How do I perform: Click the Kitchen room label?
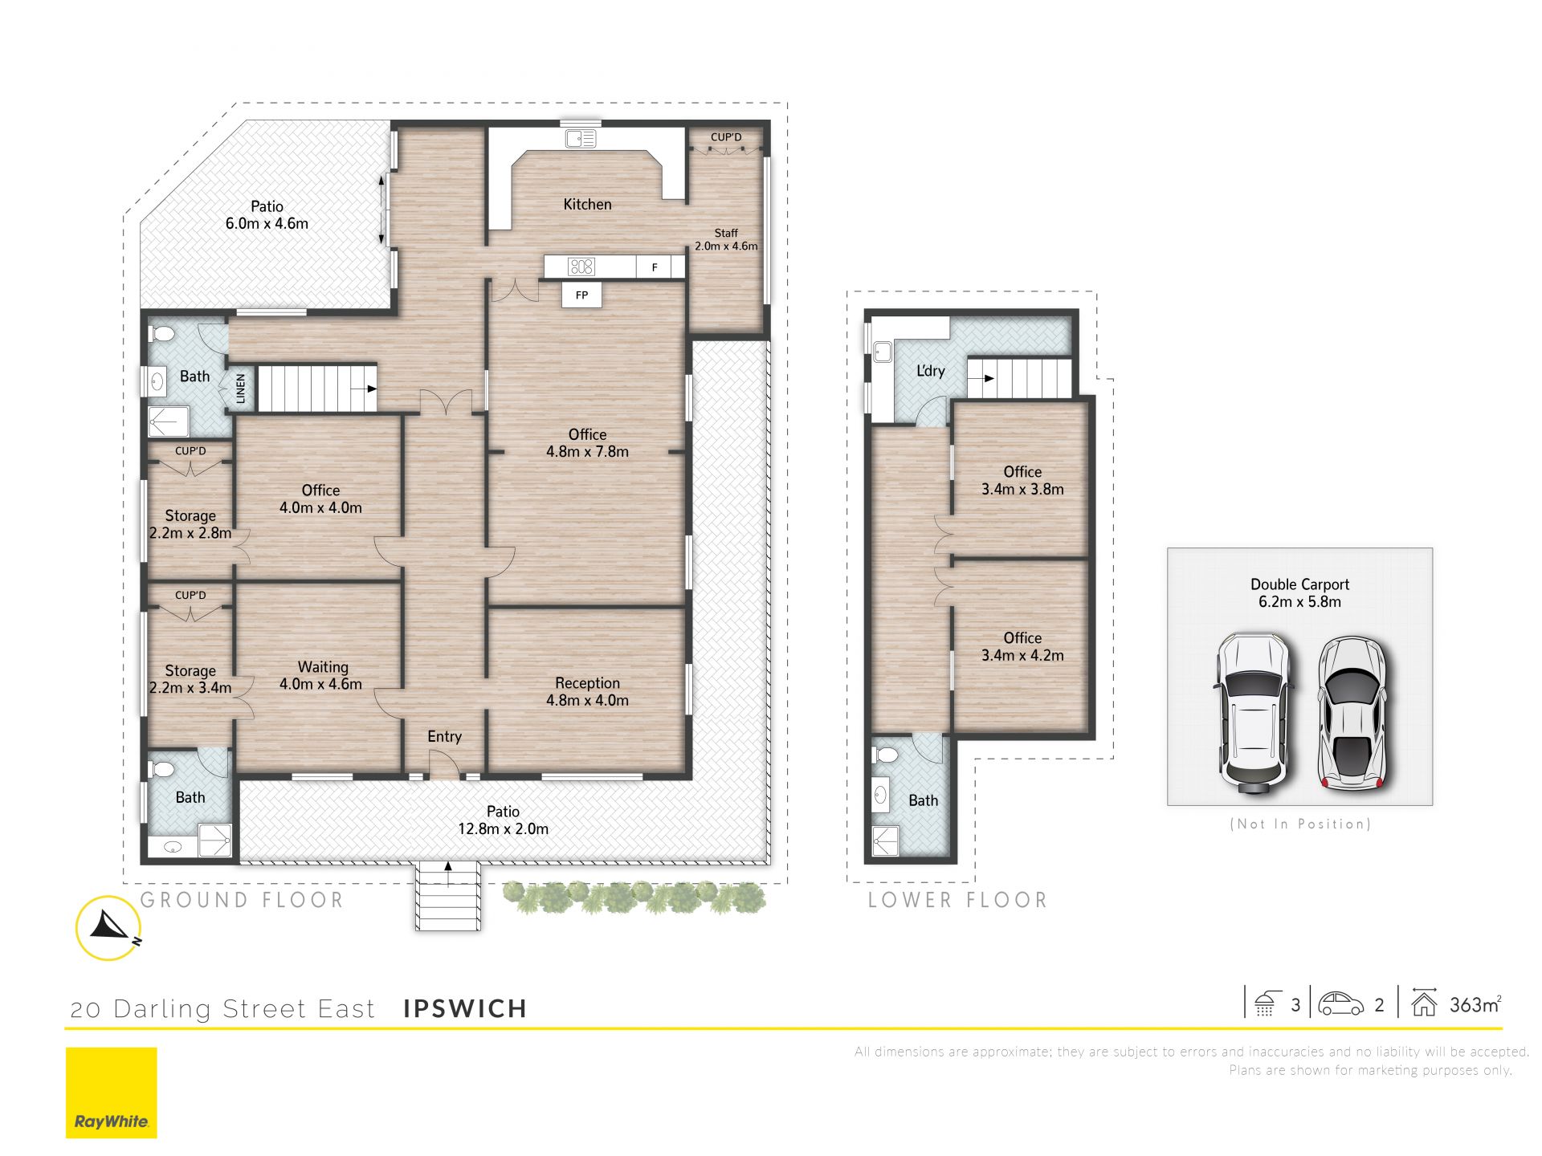[x=587, y=205]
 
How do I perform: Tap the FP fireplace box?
[x=581, y=295]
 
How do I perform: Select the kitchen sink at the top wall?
[x=581, y=138]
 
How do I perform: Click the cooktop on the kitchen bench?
[x=581, y=267]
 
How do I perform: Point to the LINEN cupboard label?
[x=241, y=389]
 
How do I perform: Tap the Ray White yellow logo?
[x=112, y=1093]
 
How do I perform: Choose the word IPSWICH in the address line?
[x=465, y=1009]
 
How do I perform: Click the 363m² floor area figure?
[x=1475, y=1004]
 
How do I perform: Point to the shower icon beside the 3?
[x=1265, y=1003]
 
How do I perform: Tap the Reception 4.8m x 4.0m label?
[x=587, y=691]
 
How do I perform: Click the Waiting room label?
[x=321, y=675]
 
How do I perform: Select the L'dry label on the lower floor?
[x=931, y=371]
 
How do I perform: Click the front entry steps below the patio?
[x=447, y=896]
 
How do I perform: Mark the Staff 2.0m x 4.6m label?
[x=726, y=239]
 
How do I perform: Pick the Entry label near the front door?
[x=444, y=737]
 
